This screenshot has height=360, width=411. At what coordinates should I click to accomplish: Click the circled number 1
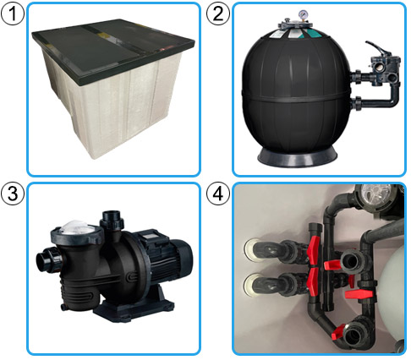click(x=13, y=13)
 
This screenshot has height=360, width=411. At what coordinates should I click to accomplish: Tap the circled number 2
click(x=218, y=13)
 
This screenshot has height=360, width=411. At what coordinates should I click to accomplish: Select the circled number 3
click(x=13, y=194)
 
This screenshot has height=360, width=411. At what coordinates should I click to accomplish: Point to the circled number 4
click(x=218, y=194)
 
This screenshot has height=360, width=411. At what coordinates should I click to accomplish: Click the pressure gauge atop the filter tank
click(x=303, y=14)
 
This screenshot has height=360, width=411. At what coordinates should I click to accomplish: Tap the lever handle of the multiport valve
click(x=378, y=49)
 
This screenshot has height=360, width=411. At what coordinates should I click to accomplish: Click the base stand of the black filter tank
click(x=297, y=157)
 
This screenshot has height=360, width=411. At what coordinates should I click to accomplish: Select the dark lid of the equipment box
click(x=112, y=51)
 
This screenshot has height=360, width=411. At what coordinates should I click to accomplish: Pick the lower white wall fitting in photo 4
click(x=251, y=285)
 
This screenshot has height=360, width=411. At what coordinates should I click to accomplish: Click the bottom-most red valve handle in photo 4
click(x=338, y=332)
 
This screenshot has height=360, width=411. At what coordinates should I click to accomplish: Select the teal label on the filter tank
click(x=315, y=34)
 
